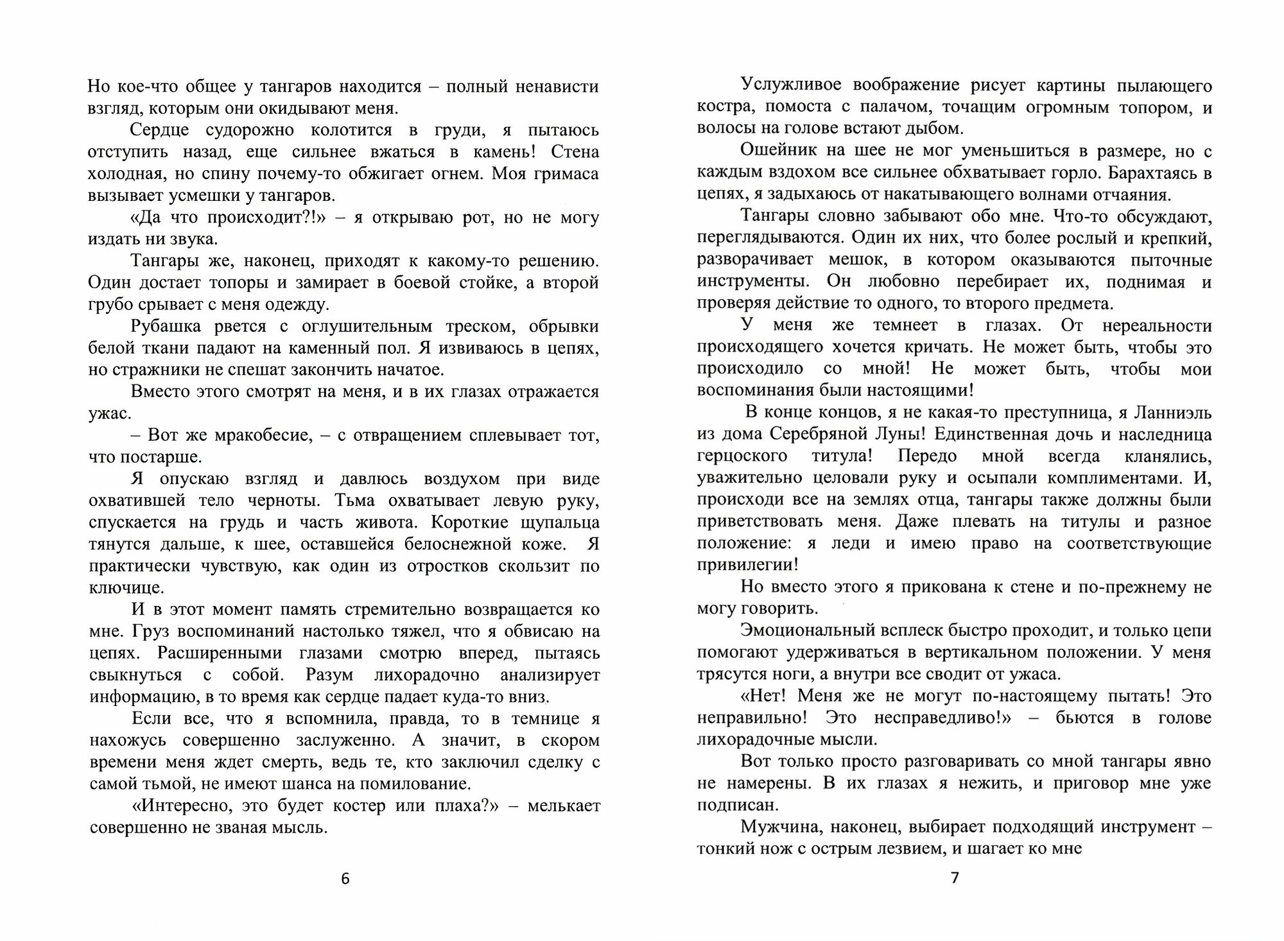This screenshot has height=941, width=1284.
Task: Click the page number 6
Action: pyautogui.click(x=345, y=879)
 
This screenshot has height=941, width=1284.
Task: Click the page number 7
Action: pyautogui.click(x=954, y=877)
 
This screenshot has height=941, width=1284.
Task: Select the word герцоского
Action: pyautogui.click(x=742, y=456)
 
